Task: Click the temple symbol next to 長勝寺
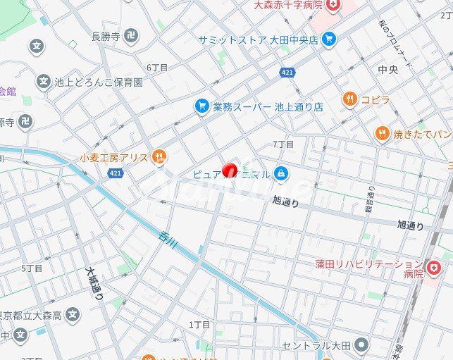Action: click(130, 36)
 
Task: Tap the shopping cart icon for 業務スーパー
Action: click(202, 106)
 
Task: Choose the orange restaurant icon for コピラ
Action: click(350, 99)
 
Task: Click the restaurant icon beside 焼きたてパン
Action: click(383, 133)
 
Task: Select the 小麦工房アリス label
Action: click(113, 157)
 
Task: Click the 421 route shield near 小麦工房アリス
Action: click(116, 173)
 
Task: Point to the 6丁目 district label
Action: click(157, 68)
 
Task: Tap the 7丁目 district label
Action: click(283, 144)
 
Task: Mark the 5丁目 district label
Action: click(32, 268)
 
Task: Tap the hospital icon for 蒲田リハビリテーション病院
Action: click(434, 268)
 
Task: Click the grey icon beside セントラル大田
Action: click(361, 345)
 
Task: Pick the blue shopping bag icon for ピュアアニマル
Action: click(281, 173)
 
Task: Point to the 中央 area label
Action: click(388, 70)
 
